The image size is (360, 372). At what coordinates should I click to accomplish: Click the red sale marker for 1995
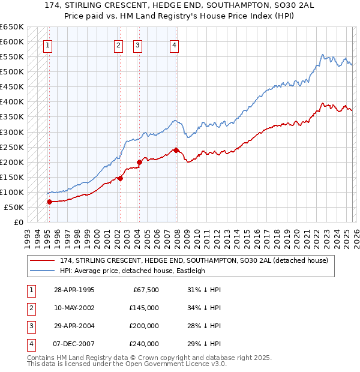pos(49,202)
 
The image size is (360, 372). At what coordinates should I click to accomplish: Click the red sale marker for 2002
pos(120,178)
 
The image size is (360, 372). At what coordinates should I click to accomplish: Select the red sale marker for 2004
pos(139,161)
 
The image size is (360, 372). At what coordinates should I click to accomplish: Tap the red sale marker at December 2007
pos(176,149)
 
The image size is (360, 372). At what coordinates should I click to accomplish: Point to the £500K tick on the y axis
pos(12,72)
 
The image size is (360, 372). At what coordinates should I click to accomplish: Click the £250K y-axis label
pos(12,147)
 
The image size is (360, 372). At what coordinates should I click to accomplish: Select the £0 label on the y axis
pos(18,223)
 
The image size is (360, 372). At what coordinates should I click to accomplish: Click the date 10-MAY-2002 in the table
pos(74,308)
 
